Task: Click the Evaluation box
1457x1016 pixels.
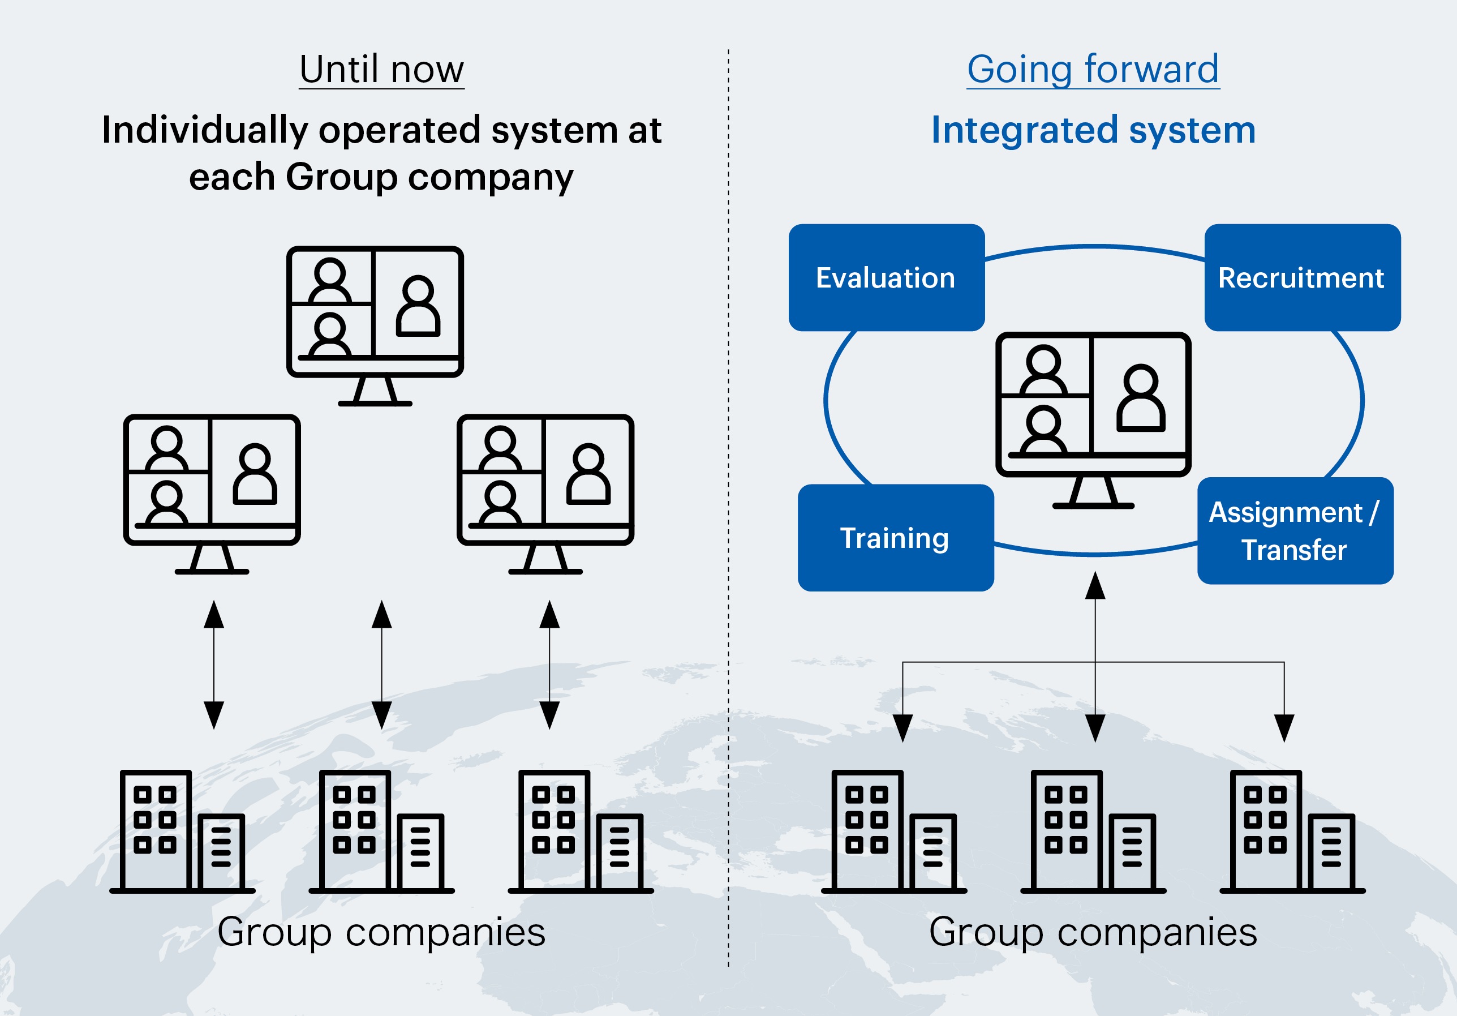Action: (886, 277)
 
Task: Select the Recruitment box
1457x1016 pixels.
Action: (1301, 277)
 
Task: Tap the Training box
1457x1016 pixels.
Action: (895, 538)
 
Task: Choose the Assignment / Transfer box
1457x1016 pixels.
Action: (1295, 530)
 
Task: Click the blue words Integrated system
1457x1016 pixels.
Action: (1093, 130)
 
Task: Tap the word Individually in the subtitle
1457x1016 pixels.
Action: (205, 130)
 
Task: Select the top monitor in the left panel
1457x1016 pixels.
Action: (375, 324)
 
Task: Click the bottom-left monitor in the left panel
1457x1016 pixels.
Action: (212, 492)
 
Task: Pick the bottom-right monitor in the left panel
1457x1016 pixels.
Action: (545, 492)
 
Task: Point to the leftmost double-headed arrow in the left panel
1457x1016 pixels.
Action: (214, 665)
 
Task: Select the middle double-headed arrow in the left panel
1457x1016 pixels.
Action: (381, 665)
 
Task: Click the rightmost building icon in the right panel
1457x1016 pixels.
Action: (1292, 831)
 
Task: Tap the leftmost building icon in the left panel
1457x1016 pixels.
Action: (182, 831)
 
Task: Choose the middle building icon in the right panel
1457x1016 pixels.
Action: (1093, 831)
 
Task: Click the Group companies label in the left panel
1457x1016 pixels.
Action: (381, 932)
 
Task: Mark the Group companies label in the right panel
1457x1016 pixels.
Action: (1093, 932)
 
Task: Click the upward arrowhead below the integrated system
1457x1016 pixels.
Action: (1095, 585)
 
